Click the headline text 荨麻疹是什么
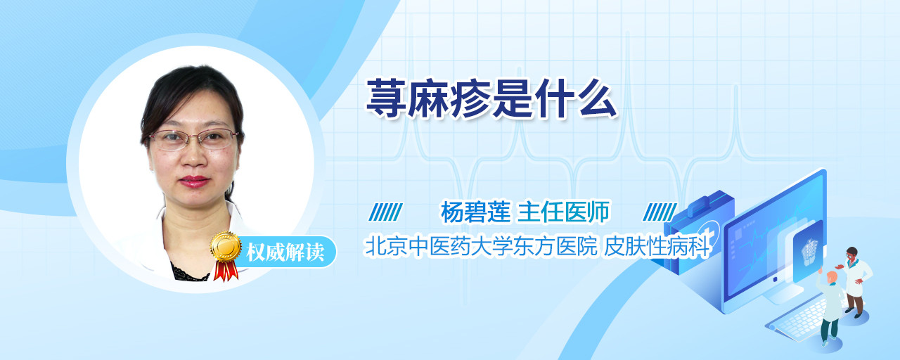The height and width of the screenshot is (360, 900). click(491, 99)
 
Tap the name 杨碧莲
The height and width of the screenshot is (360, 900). click(475, 212)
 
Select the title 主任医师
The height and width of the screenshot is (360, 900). click(563, 212)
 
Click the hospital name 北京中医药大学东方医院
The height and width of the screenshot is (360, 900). click(481, 246)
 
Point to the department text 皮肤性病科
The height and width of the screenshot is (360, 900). click(657, 246)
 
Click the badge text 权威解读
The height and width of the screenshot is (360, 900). click(285, 252)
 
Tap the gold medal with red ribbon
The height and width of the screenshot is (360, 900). click(226, 255)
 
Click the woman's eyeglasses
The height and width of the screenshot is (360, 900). click(193, 139)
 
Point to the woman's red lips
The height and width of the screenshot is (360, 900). click(194, 181)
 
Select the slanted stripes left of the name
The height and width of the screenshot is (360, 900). click(385, 212)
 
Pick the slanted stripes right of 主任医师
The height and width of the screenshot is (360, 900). click(660, 212)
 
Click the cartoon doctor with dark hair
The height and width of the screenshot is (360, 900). click(856, 282)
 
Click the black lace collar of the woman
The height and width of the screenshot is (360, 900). click(190, 274)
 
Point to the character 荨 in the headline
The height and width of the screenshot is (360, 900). click(387, 99)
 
